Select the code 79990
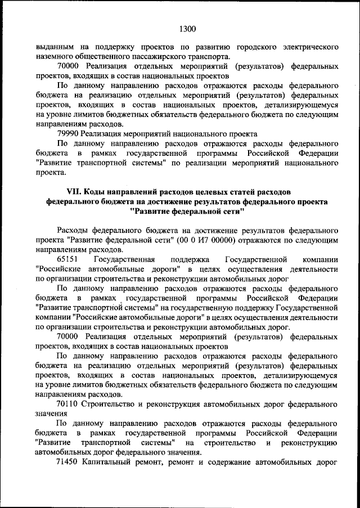click(x=67, y=134)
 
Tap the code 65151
click(x=67, y=259)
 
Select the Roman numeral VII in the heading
click(x=76, y=192)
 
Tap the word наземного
click(x=55, y=56)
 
